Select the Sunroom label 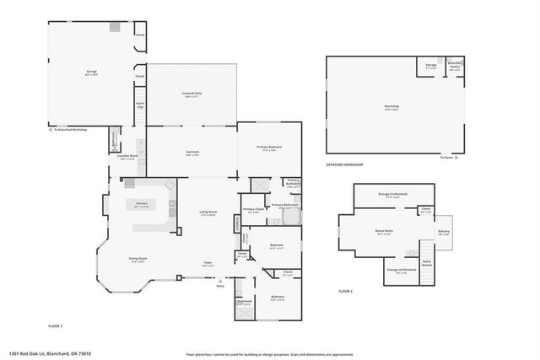pyautogui.click(x=192, y=153)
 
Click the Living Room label pyautogui.click(x=208, y=212)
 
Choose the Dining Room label pyautogui.click(x=138, y=259)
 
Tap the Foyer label pyautogui.click(x=208, y=264)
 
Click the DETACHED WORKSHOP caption pyautogui.click(x=345, y=164)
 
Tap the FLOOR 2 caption pyautogui.click(x=345, y=291)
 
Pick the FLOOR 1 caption pyautogui.click(x=56, y=325)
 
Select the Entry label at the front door pyautogui.click(x=220, y=287)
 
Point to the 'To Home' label pyautogui.click(x=445, y=158)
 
